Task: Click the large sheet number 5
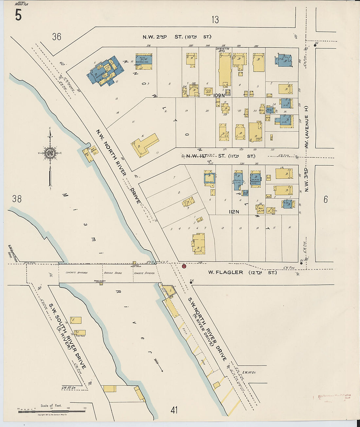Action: tap(18, 15)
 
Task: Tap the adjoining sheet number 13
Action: tap(215, 20)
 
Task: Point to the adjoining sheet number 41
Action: tap(174, 410)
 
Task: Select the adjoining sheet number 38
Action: tap(17, 199)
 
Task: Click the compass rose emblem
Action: tap(50, 153)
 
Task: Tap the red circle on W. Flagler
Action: tap(184, 266)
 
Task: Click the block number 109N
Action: tap(219, 96)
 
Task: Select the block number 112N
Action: tap(234, 212)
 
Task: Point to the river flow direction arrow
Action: tap(158, 365)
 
